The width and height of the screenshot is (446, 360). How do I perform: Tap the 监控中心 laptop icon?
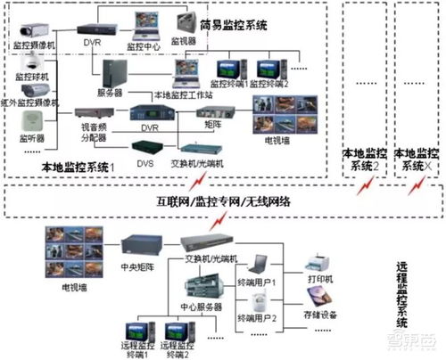pyautogui.click(x=143, y=28)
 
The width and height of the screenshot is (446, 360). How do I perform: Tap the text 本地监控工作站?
pyautogui.click(x=182, y=94)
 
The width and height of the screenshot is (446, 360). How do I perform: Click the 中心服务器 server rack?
pyautogui.click(x=202, y=290)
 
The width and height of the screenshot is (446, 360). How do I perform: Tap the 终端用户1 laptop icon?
pyautogui.click(x=260, y=265)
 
